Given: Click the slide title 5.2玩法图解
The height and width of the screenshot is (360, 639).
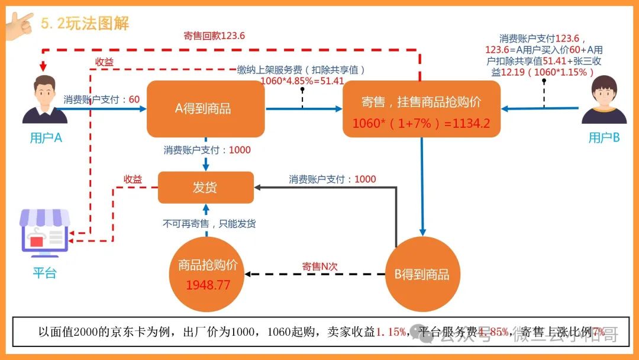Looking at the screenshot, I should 85,24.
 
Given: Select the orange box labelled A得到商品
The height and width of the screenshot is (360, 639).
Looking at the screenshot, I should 205,109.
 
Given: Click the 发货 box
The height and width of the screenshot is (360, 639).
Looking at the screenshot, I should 205,188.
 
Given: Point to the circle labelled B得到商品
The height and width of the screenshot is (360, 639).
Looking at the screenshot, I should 422,274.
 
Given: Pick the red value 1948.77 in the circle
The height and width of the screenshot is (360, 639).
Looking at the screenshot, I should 208,285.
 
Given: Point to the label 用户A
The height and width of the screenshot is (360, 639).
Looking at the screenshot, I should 46,139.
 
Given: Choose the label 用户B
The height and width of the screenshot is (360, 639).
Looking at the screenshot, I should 603,139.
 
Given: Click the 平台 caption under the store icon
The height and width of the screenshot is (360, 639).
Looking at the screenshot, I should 44,273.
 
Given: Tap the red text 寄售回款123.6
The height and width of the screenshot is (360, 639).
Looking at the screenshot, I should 214,36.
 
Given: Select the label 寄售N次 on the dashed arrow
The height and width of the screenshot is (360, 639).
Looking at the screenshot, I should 319,266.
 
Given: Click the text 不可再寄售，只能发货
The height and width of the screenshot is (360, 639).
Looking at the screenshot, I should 209,224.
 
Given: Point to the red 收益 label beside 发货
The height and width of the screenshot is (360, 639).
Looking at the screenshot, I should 133,179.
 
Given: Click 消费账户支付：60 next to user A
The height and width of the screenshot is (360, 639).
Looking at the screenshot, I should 102,99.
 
